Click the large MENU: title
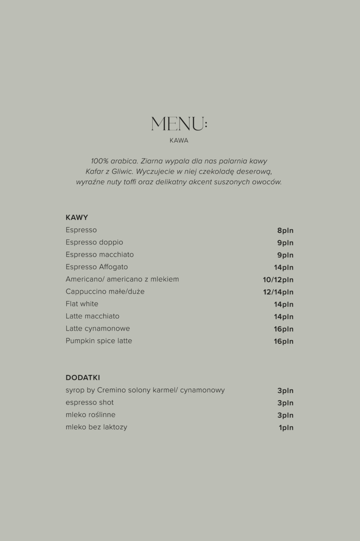(179, 124)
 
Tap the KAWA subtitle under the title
(179, 140)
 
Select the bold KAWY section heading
(77, 217)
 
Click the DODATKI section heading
(83, 378)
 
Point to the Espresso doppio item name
(94, 242)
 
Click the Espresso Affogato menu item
(97, 267)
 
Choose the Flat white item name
(82, 304)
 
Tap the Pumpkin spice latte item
(99, 341)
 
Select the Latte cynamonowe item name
(98, 329)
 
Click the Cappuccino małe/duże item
(105, 292)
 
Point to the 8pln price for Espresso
(285, 230)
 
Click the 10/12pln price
(278, 280)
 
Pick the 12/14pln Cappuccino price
(278, 292)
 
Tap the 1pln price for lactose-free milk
(286, 427)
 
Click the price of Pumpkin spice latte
(284, 341)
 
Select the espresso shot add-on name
(90, 403)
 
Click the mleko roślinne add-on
(90, 415)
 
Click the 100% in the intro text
(99, 161)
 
